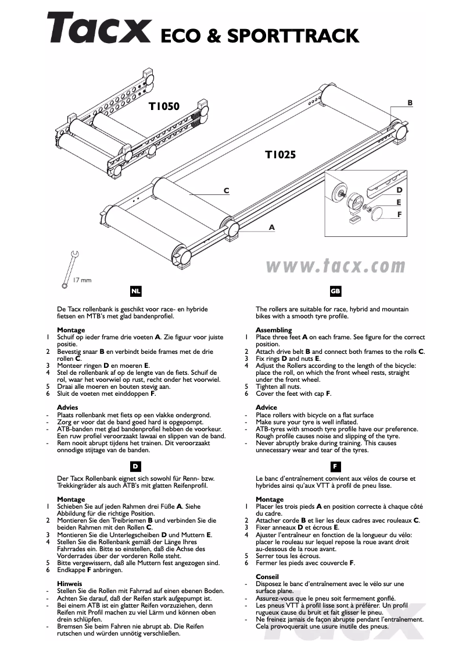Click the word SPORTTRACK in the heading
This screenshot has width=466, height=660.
point(292,36)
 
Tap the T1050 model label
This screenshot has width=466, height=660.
point(164,107)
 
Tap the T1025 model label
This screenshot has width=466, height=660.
point(281,155)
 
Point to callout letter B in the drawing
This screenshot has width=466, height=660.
point(410,103)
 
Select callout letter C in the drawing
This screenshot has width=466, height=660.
point(227,191)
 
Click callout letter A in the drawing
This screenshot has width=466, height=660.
point(271,228)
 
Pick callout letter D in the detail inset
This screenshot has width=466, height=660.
point(399,190)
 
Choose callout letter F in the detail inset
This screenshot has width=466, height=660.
point(399,214)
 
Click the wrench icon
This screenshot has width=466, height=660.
point(69,268)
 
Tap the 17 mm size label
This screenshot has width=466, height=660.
point(83,281)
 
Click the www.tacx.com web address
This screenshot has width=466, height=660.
point(335,266)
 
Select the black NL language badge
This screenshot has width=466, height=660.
point(135,290)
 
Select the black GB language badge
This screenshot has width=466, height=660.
point(335,290)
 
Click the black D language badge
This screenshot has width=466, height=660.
point(135,466)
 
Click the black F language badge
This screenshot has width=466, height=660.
point(335,466)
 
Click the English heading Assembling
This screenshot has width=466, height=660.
point(274,330)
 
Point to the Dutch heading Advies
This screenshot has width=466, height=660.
point(67,407)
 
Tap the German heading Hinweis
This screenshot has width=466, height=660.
point(69,583)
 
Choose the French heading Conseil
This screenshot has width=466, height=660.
point(268,576)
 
